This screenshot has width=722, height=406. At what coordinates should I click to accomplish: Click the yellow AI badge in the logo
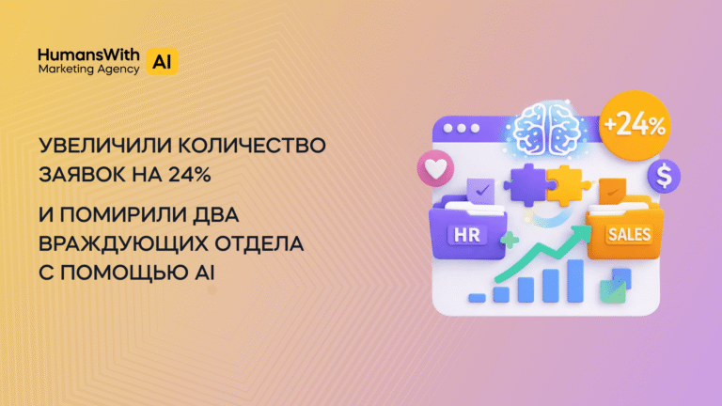coord(163,61)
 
